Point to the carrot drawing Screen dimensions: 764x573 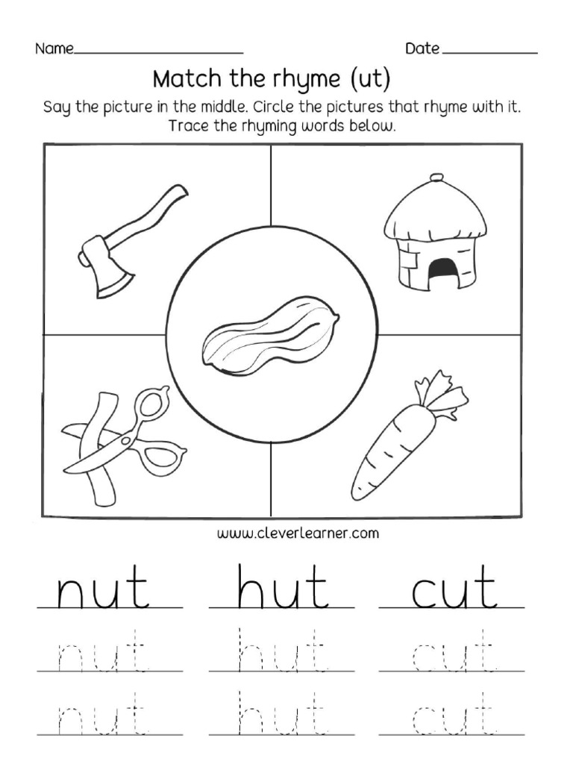click(403, 440)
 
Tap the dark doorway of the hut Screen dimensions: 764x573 click(442, 269)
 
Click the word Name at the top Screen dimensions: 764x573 click(54, 49)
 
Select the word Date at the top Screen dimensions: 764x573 click(422, 49)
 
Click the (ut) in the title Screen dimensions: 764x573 click(369, 78)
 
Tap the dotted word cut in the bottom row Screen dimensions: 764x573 click(454, 716)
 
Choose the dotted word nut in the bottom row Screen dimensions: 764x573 click(101, 716)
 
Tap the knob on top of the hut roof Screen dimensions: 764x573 click(436, 177)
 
